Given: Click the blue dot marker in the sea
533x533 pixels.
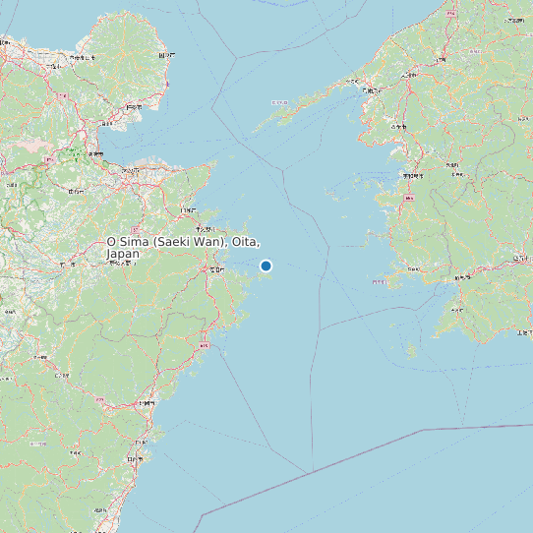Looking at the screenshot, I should (266, 266).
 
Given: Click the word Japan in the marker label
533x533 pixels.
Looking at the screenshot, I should (123, 254).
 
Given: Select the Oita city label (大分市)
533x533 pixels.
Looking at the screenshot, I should (129, 169).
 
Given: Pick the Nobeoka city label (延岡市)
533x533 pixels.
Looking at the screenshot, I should (147, 403).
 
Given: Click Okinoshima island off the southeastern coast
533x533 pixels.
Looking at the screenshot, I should (411, 349).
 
